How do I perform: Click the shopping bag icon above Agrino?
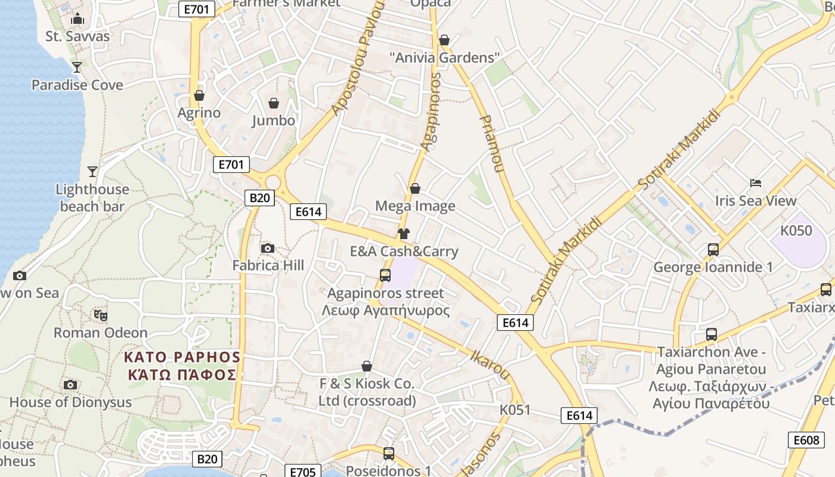pos(199,95)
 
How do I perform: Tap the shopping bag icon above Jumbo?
pos(274,103)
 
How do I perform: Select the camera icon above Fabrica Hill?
pos(268,248)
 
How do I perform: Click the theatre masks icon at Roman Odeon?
pos(100,315)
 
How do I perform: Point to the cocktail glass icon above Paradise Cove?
pos(77,67)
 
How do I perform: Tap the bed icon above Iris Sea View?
pos(756,182)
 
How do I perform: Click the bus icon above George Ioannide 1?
pos(713,249)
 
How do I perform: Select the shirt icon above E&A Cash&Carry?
pos(404,233)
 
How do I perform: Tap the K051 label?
pos(515,410)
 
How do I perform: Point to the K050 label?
pos(796,231)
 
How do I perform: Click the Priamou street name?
pos(492,144)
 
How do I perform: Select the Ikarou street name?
pos(490,364)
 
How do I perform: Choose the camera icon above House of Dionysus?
pos(70,385)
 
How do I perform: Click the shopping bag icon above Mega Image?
pos(415,188)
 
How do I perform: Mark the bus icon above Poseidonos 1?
pos(389,453)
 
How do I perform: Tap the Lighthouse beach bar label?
pos(92,198)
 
